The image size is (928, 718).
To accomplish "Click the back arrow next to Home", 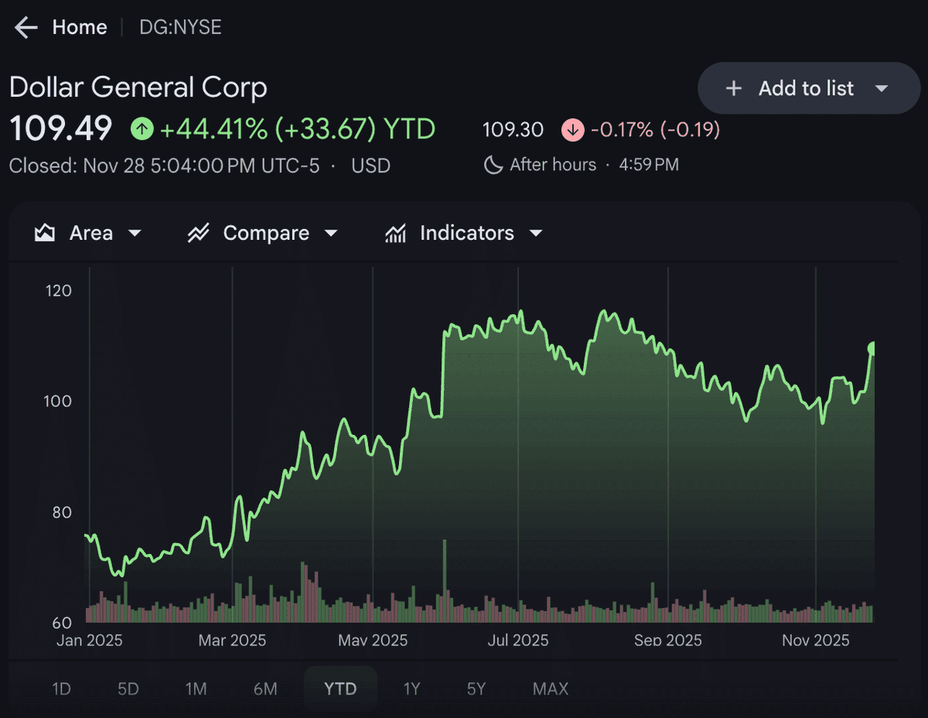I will (x=26, y=28).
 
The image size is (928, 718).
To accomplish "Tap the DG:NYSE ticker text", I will (x=180, y=28).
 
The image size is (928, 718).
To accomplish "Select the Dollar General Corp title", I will (x=138, y=87).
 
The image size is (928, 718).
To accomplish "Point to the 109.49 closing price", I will (x=60, y=128).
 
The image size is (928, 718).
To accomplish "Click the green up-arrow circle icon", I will (x=142, y=128).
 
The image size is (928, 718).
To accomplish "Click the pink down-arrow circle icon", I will (x=572, y=129).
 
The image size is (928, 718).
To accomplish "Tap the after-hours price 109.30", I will (x=513, y=129).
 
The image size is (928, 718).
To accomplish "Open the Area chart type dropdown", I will (x=89, y=233).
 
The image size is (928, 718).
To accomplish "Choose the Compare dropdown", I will (x=263, y=233).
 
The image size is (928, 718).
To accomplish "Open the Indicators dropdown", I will (x=464, y=233).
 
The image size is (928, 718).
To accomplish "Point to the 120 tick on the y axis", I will (x=59, y=291).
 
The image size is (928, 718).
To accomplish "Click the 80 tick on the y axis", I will (x=61, y=512).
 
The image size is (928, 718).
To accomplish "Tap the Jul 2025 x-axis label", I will (x=518, y=640).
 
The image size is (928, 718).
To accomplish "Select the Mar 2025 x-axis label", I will (x=232, y=640).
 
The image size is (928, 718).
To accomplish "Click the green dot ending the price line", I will (x=873, y=349).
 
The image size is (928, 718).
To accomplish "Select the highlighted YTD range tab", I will (x=340, y=689).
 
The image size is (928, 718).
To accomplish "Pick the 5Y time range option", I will (x=476, y=689).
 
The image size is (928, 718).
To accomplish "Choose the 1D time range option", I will (x=61, y=689).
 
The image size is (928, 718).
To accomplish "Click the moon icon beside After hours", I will (x=493, y=165).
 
